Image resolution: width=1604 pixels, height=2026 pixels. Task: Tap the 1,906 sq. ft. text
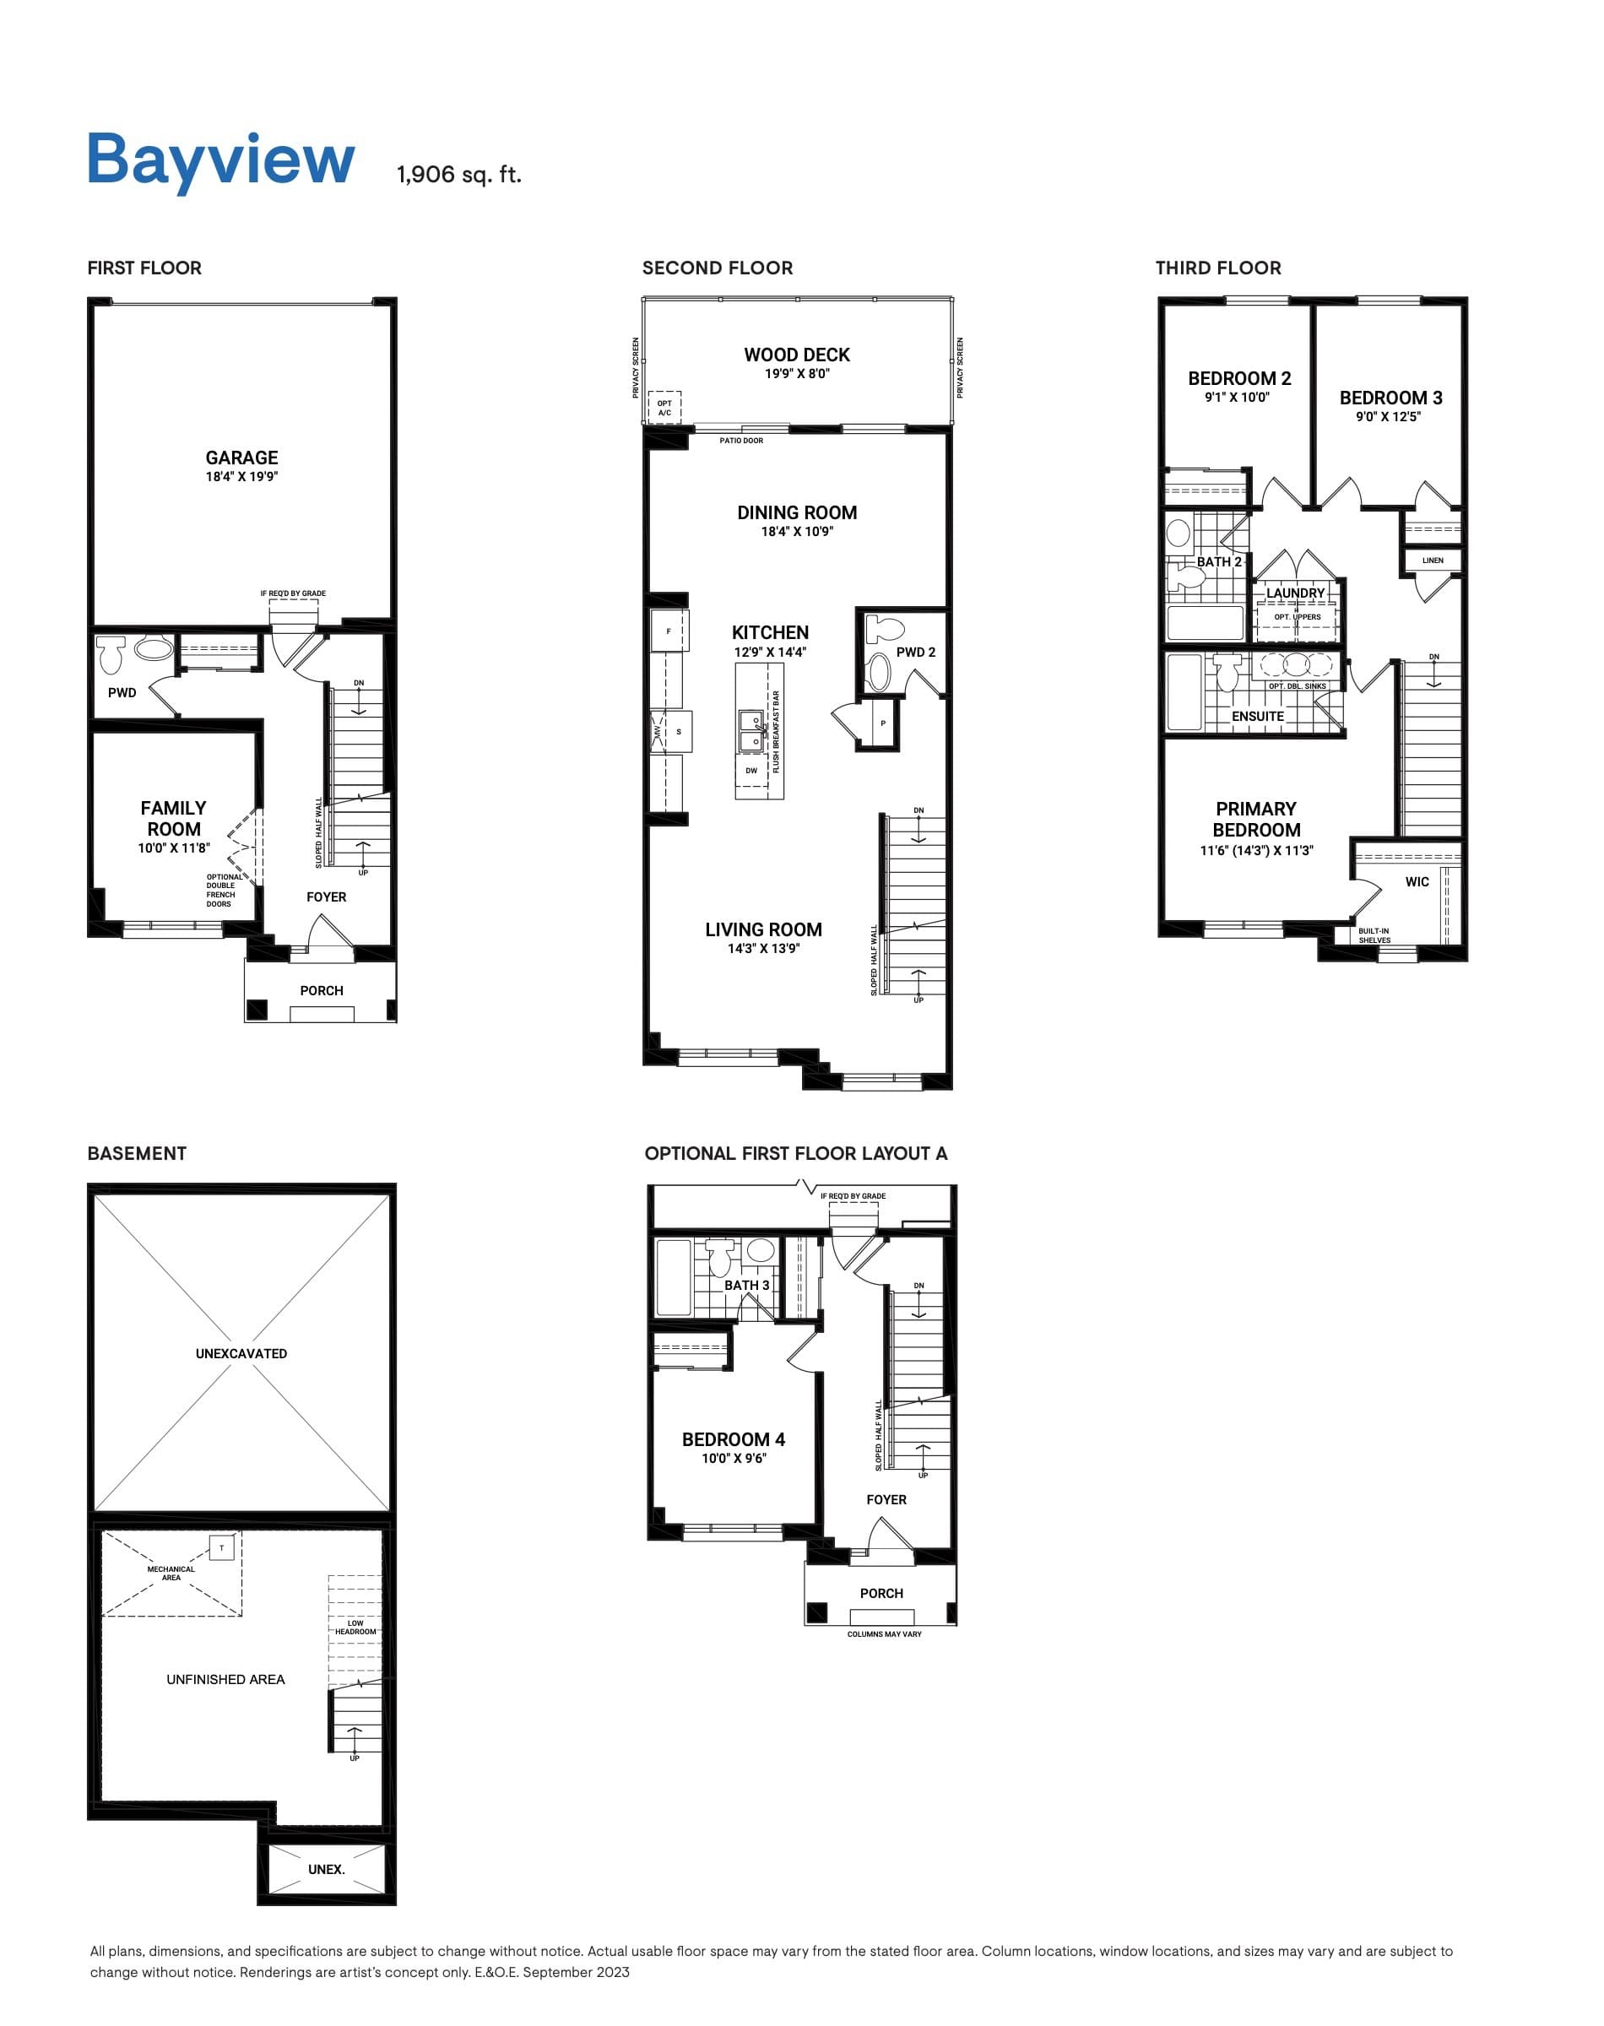(458, 175)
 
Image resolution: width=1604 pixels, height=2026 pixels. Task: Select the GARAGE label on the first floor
(241, 458)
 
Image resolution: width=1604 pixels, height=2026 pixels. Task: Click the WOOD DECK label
(796, 355)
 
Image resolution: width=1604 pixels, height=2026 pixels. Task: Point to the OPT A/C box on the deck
(665, 409)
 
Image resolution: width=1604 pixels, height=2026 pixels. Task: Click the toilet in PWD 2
(884, 627)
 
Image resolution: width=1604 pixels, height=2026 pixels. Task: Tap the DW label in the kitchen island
(751, 771)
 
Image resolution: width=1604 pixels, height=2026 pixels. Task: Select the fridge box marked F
(669, 631)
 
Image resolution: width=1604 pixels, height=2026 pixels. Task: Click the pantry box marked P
(883, 723)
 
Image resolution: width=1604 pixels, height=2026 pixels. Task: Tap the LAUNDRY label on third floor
(1295, 593)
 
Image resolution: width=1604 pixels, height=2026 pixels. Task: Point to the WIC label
(1417, 881)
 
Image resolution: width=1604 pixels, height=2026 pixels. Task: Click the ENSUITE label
(1258, 717)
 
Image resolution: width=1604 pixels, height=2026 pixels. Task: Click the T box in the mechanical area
(222, 1548)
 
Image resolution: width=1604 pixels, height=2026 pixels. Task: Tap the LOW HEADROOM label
(355, 1627)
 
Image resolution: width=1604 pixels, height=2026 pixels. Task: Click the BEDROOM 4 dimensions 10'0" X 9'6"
(734, 1458)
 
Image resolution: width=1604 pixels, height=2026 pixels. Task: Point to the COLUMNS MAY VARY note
(884, 1634)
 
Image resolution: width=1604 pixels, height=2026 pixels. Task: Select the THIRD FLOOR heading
(1217, 268)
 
